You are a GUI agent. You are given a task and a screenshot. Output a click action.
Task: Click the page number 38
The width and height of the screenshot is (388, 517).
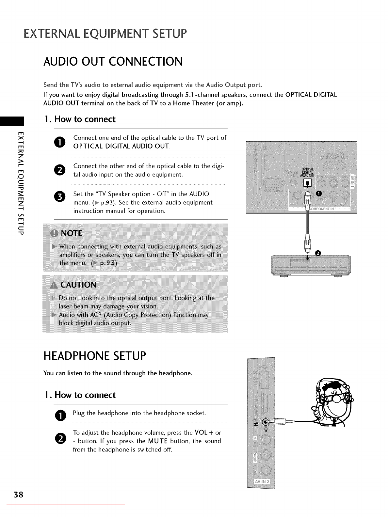[x=18, y=494]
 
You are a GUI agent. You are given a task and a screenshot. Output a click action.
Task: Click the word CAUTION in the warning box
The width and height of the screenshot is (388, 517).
[x=78, y=285]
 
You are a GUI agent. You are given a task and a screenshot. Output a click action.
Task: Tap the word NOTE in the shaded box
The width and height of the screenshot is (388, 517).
[x=72, y=233]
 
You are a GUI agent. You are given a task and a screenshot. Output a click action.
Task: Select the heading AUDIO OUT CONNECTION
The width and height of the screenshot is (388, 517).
[x=113, y=62]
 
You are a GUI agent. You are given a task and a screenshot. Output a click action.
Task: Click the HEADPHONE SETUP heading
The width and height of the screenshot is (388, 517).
[x=95, y=356]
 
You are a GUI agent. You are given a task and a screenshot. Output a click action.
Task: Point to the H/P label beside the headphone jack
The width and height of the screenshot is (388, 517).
[x=256, y=422]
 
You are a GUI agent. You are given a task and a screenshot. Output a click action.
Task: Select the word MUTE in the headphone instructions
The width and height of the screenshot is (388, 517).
[x=158, y=441]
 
